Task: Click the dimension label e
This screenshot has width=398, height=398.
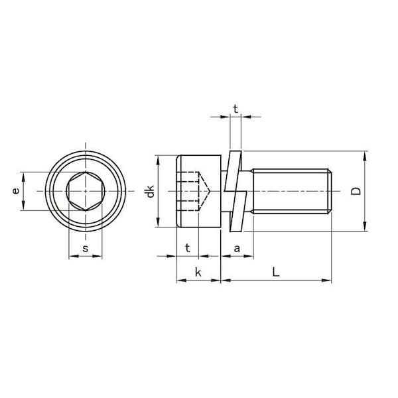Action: pos(16,191)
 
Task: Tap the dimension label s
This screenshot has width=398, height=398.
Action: pos(86,249)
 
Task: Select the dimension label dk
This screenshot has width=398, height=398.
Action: pos(150,191)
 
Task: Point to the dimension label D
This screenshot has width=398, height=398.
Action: pos(356,191)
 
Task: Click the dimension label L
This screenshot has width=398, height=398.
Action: pos(276,272)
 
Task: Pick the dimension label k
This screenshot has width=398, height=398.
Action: pos(198,273)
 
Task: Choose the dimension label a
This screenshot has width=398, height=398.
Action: pos(237,249)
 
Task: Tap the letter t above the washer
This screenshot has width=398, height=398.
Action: pos(235,109)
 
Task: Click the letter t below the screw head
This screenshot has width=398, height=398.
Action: pos(188,247)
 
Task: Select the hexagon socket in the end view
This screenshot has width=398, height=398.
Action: pos(86,191)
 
